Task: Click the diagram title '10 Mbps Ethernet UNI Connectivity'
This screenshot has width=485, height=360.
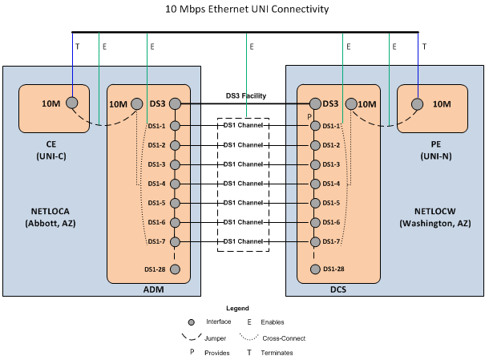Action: click(246, 9)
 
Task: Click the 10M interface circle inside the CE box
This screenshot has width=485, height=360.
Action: click(72, 103)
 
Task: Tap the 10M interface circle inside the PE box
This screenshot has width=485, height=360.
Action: click(417, 103)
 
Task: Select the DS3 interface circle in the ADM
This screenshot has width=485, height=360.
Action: click(174, 103)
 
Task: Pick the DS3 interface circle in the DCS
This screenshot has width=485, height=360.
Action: click(314, 103)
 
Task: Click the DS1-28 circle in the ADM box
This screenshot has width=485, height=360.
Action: click(175, 269)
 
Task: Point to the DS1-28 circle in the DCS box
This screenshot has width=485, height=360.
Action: click(314, 269)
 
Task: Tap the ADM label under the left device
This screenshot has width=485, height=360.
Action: click(148, 289)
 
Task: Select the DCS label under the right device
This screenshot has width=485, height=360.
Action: click(339, 289)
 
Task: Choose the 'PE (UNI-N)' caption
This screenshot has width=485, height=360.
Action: click(438, 150)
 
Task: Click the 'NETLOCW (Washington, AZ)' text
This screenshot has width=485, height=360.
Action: click(438, 216)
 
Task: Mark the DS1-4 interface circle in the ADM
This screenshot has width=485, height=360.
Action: click(175, 184)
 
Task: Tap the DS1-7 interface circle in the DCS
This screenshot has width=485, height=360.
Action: click(314, 241)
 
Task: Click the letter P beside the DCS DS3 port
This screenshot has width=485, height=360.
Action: click(308, 117)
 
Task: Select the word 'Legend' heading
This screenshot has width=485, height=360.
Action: click(237, 308)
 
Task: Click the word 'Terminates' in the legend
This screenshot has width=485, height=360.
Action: click(277, 353)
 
